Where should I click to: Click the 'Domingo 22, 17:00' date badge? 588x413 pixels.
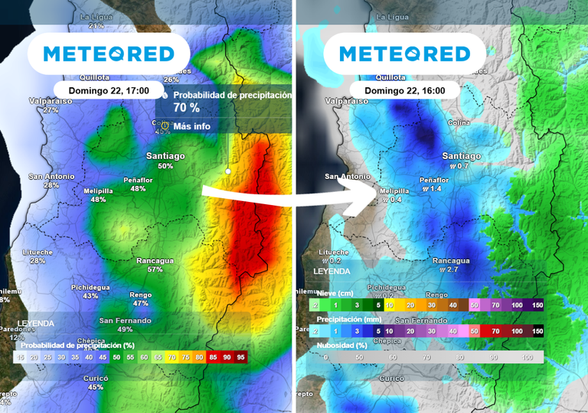[x=108, y=90]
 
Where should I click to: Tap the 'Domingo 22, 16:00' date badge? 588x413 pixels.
[x=404, y=90]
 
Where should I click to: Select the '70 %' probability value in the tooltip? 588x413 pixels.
[x=187, y=109]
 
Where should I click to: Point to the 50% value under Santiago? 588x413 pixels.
[x=165, y=166]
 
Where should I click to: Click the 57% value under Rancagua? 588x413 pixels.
[x=155, y=269]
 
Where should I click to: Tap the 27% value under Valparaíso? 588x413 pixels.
[x=51, y=110]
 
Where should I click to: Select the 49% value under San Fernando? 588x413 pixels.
[x=126, y=330]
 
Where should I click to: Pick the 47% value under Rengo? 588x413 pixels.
[x=141, y=304]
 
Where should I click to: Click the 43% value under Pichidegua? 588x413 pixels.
[x=90, y=296]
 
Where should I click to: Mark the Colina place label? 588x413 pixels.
[x=459, y=122]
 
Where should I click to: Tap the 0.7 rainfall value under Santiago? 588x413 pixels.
[x=459, y=166]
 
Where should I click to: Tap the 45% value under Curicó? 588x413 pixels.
[x=96, y=387]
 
